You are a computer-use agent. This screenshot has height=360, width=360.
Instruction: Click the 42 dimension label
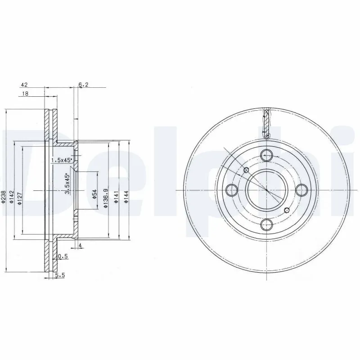[x=24, y=84]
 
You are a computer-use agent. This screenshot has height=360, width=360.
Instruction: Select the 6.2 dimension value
[x=83, y=84]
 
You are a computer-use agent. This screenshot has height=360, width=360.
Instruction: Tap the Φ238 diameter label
[x=4, y=197]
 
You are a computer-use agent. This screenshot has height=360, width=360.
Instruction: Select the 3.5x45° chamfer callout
[x=67, y=184]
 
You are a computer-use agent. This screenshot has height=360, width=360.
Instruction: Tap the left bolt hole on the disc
[x=232, y=190]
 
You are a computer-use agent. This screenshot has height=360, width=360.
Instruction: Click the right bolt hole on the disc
[x=301, y=190]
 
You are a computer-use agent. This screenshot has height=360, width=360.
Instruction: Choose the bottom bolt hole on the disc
[x=267, y=224]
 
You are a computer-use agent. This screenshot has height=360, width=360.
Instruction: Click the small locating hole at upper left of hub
[x=246, y=170]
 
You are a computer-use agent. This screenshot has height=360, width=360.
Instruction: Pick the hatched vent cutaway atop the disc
[x=267, y=124]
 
